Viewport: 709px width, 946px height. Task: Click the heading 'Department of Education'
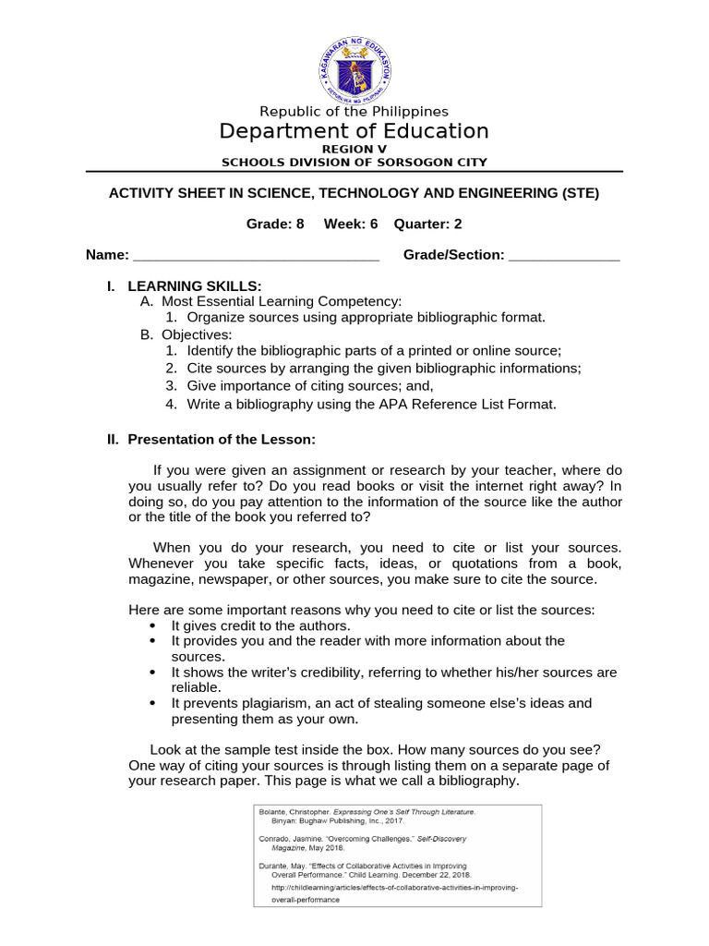click(354, 131)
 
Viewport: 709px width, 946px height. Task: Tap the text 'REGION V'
click(354, 149)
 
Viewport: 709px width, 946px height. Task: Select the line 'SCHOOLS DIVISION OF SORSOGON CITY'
click(354, 163)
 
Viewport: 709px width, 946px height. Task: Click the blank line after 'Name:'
click(257, 257)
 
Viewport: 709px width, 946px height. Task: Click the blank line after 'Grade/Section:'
click(564, 257)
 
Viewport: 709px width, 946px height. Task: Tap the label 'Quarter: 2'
click(428, 224)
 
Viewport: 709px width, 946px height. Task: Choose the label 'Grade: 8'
click(274, 224)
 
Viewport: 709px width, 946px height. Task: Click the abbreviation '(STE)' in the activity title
click(578, 193)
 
